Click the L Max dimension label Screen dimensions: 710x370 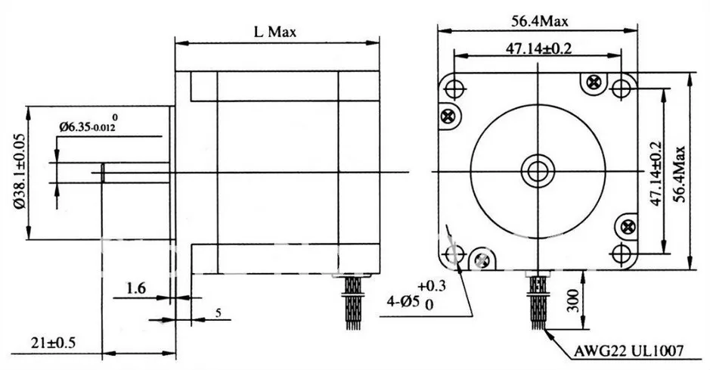pyautogui.click(x=275, y=32)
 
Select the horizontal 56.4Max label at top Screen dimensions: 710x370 pyautogui.click(x=539, y=21)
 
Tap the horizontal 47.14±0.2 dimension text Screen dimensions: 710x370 pyautogui.click(x=538, y=48)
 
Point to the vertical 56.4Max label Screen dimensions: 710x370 pyautogui.click(x=678, y=174)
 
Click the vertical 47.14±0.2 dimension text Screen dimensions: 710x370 pyautogui.click(x=656, y=174)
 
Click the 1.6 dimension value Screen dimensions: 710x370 pyautogui.click(x=136, y=288)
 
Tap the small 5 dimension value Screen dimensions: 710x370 pyautogui.click(x=219, y=313)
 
